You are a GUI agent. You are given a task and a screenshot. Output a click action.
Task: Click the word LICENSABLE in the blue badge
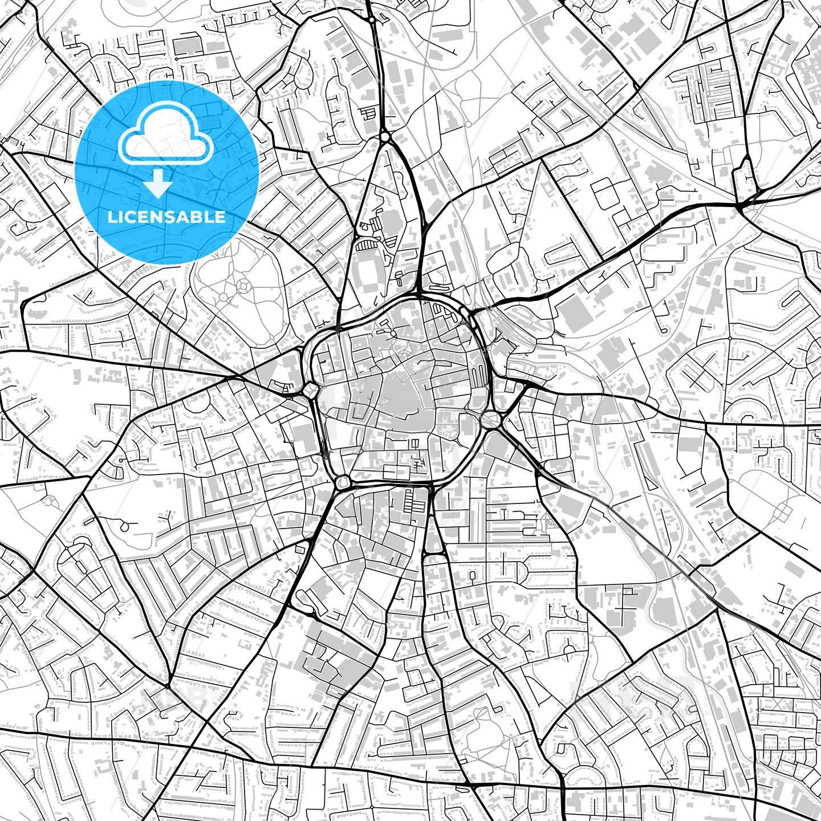click(166, 217)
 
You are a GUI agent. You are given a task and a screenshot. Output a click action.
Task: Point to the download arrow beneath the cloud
click(158, 185)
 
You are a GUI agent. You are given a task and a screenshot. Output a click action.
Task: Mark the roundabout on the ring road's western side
click(310, 390)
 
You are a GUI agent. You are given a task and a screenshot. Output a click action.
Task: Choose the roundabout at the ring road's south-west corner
click(343, 482)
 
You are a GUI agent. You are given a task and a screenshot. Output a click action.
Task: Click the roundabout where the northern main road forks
click(385, 137)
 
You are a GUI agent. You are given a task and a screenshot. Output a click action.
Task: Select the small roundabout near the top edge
click(372, 20)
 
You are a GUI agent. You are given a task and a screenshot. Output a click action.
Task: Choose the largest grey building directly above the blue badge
click(188, 46)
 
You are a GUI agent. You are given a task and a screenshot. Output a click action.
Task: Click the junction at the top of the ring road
click(419, 296)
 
